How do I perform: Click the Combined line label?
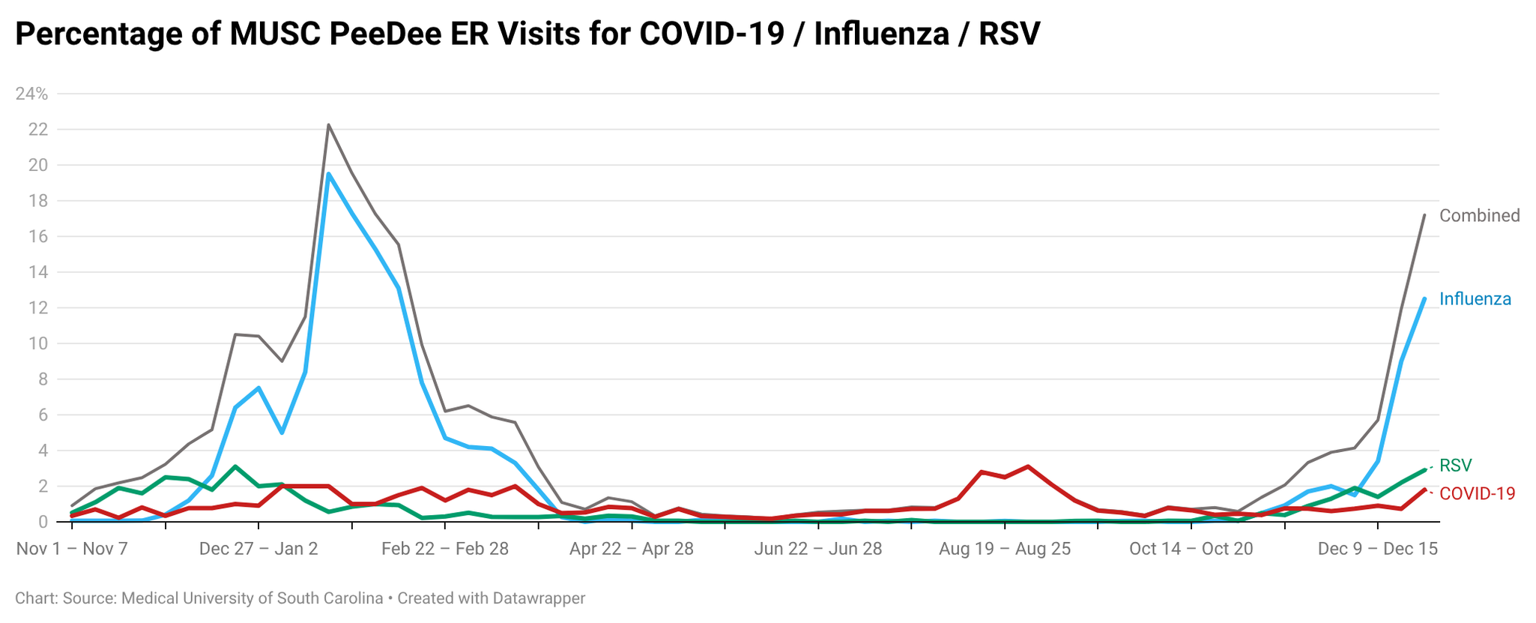tap(1479, 216)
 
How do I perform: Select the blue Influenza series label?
tap(1475, 299)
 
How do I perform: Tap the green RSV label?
tap(1455, 466)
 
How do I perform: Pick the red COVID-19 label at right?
tap(1477, 493)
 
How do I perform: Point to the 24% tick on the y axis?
tap(31, 94)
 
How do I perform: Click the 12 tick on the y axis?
tap(37, 308)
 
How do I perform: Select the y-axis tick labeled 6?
tap(43, 415)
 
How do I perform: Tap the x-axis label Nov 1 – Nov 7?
tap(72, 549)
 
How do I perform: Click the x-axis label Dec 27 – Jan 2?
tap(258, 549)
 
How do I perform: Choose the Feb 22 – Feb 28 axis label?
tap(445, 549)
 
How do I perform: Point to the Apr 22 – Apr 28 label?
tap(632, 549)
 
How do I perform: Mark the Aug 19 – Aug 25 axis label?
tap(1005, 549)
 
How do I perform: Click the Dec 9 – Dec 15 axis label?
tap(1377, 549)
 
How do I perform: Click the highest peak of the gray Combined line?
tap(328, 125)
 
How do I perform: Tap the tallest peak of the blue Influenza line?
tap(328, 174)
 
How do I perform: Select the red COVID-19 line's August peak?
tap(1028, 466)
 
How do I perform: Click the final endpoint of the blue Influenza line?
tap(1424, 298)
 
